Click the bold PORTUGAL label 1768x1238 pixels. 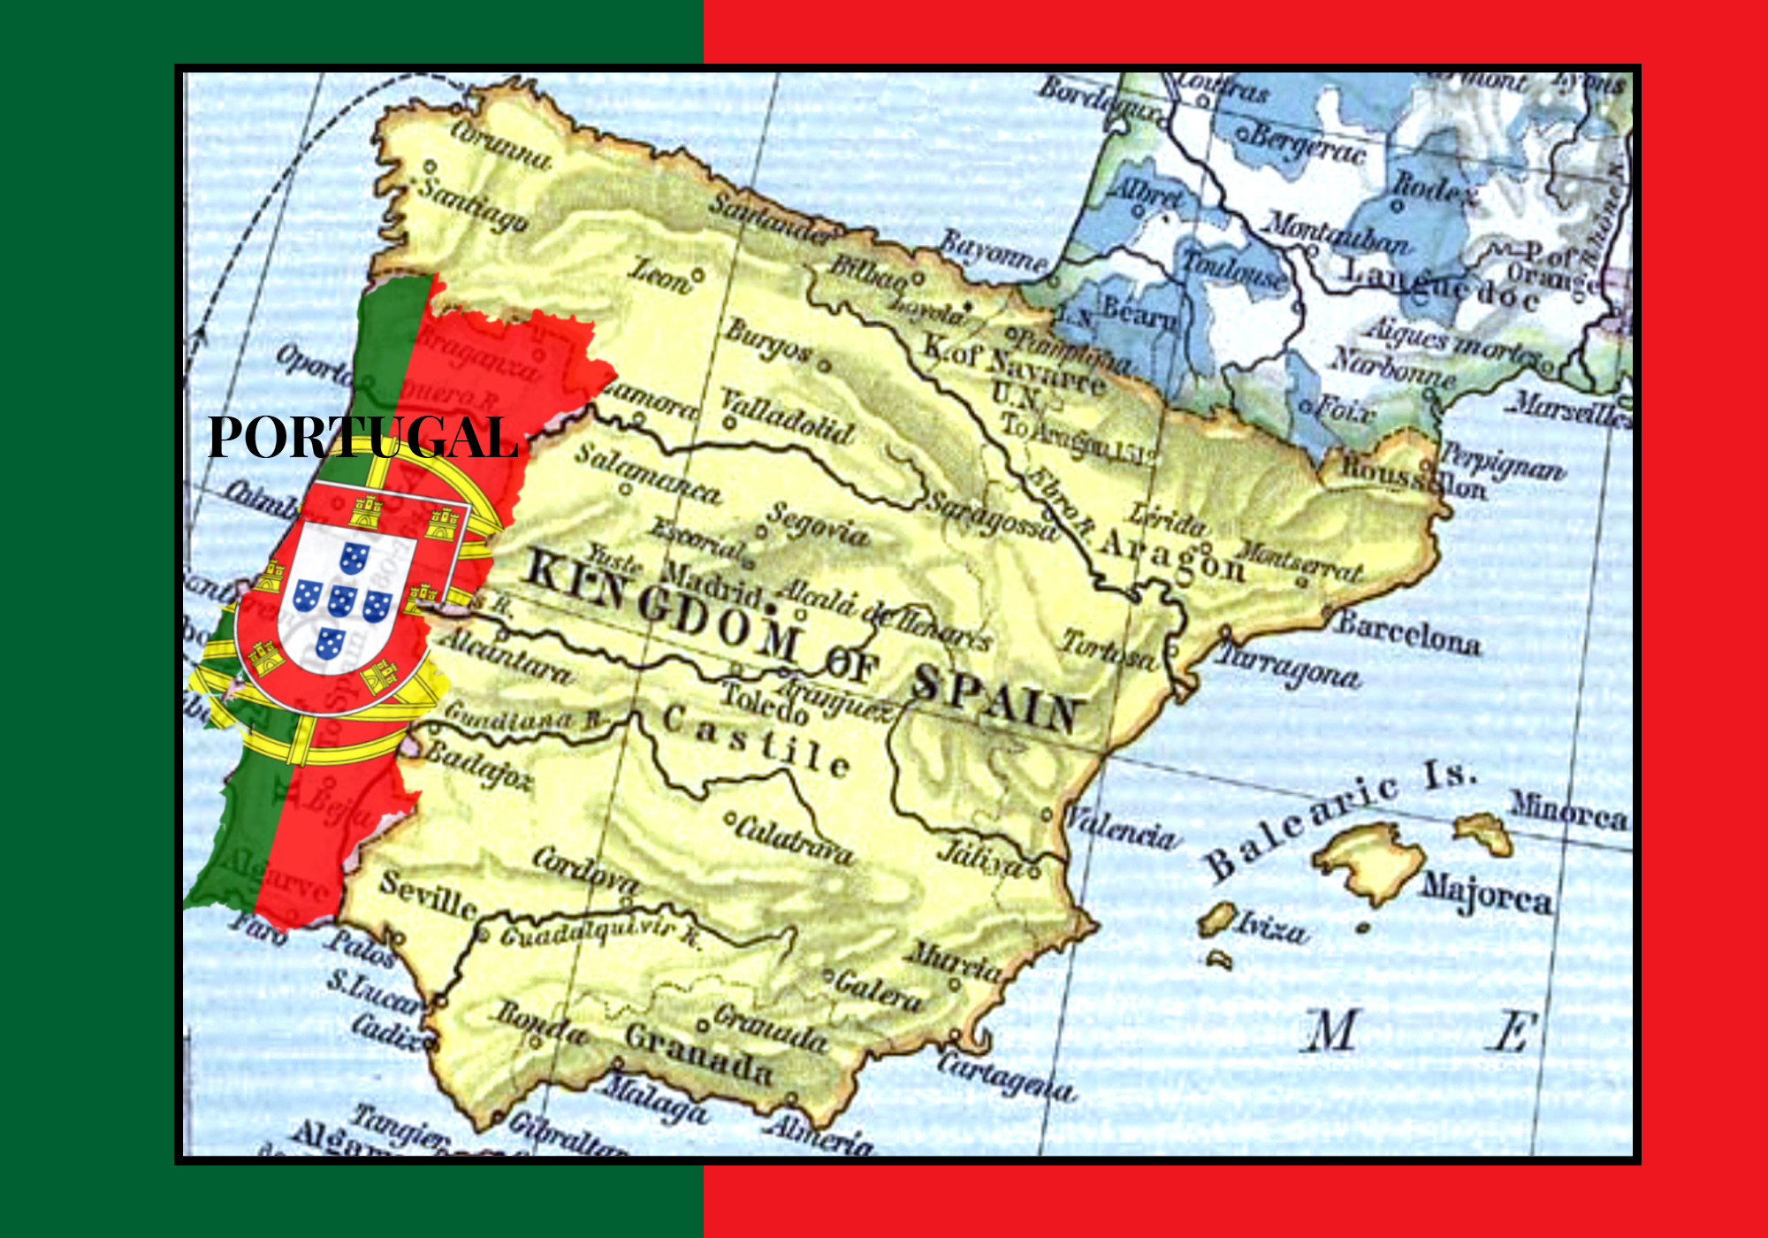pyautogui.click(x=362, y=437)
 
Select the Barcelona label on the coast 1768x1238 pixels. pyautogui.click(x=1408, y=634)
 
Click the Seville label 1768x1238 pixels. pyautogui.click(x=429, y=895)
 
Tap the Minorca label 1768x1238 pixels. pyautogui.click(x=1568, y=811)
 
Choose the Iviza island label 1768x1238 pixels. pyautogui.click(x=1271, y=928)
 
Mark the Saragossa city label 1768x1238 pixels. pyautogui.click(x=991, y=516)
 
